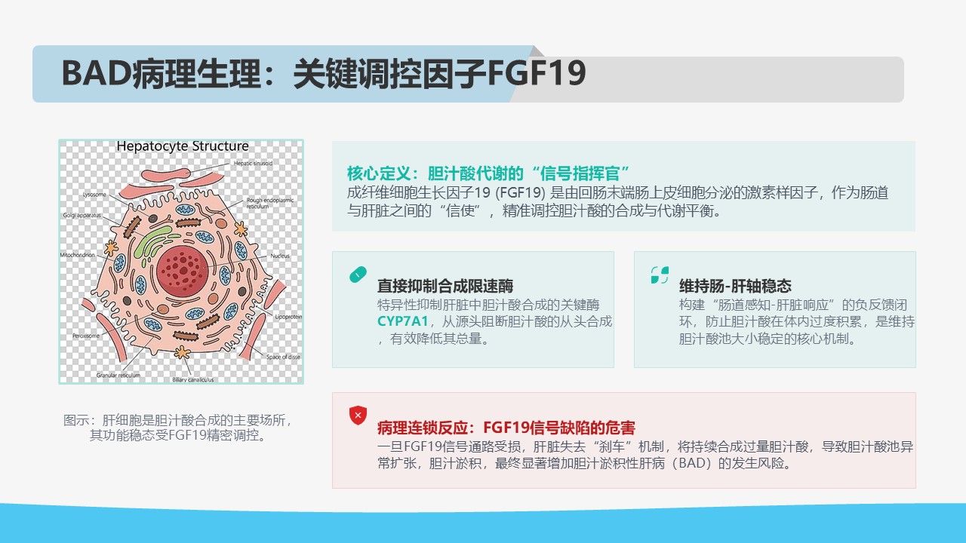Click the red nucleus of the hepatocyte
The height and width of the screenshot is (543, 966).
183,271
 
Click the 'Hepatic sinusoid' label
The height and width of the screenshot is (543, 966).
253,164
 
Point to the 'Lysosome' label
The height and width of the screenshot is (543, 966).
94,195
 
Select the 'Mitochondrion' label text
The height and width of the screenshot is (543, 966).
77,255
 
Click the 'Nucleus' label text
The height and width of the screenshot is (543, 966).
280,256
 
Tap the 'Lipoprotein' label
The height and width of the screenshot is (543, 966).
288,317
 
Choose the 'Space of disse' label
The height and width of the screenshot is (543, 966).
283,357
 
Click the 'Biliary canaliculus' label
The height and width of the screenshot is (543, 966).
192,379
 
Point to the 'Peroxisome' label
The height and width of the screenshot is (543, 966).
86,336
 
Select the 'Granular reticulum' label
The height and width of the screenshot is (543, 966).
118,376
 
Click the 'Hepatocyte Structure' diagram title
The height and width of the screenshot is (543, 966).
183,146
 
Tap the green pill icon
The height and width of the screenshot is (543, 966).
358,275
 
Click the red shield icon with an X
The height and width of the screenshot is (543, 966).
358,416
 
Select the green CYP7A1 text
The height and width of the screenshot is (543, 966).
403,321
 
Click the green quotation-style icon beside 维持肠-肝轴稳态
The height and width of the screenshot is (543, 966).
660,275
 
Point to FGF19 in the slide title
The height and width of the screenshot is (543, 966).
537,73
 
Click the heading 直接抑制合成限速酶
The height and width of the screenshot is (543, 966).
445,286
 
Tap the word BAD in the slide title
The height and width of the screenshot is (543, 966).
96,73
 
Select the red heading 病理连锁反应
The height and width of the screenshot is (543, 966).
423,428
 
